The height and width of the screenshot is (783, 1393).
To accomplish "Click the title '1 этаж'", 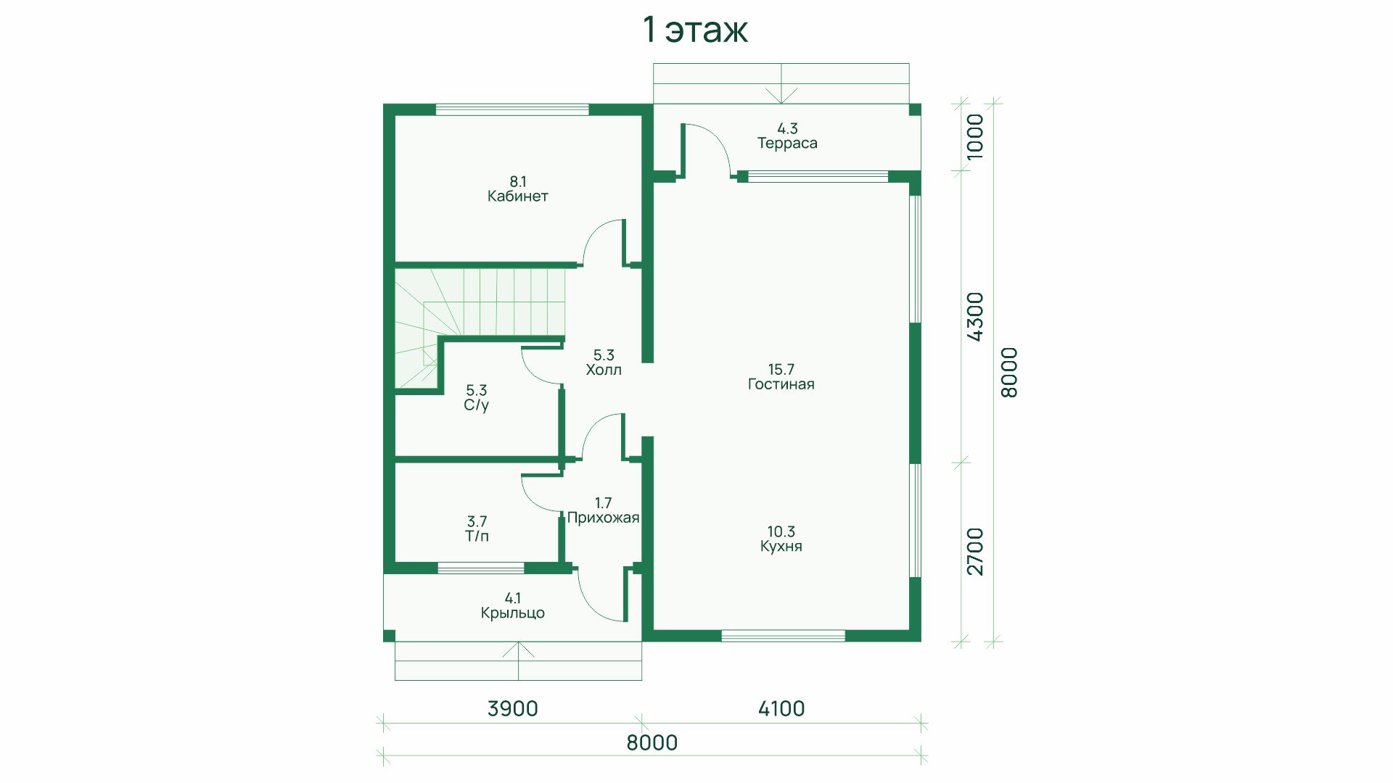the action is pyautogui.click(x=695, y=30).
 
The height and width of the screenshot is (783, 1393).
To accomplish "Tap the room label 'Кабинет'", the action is pyautogui.click(x=517, y=196).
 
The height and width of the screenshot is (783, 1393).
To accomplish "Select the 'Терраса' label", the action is pyautogui.click(x=787, y=144).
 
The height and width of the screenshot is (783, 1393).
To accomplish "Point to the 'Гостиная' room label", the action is pyautogui.click(x=781, y=384).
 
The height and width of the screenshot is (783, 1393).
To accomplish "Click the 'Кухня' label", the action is pyautogui.click(x=781, y=547).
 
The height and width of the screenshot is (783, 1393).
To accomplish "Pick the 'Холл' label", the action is pyautogui.click(x=604, y=370).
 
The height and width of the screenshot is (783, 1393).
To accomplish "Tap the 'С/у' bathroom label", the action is pyautogui.click(x=477, y=405).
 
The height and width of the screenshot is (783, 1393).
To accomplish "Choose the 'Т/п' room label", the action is pyautogui.click(x=477, y=536).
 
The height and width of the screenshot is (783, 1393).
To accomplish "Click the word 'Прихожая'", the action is pyautogui.click(x=603, y=518).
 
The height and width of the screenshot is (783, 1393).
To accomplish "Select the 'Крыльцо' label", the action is pyautogui.click(x=512, y=613).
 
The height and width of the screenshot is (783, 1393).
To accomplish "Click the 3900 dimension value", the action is pyautogui.click(x=512, y=708).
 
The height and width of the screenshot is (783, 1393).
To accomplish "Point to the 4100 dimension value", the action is pyautogui.click(x=781, y=708).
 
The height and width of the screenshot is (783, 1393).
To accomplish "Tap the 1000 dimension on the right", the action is pyautogui.click(x=975, y=137).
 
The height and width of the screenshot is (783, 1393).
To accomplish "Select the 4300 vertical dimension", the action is pyautogui.click(x=975, y=316).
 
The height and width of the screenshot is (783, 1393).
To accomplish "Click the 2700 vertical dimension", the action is pyautogui.click(x=975, y=552).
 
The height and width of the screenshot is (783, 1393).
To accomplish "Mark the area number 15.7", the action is pyautogui.click(x=781, y=369).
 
